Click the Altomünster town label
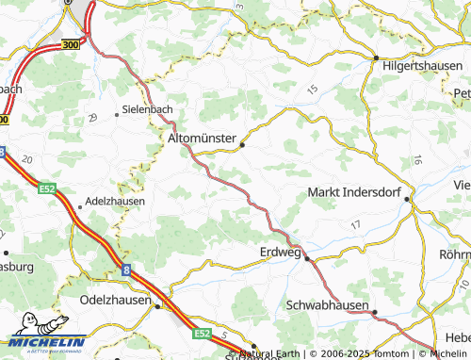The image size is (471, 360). point(202,138)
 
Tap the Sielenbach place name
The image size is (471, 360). point(147,109)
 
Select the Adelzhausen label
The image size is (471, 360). point(114,202)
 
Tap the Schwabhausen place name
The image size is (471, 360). point(328,306)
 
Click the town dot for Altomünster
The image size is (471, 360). point(243,145)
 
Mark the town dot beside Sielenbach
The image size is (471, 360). point(117,114)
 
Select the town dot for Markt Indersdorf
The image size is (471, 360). point(407,199)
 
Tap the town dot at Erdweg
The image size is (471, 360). point(306,257)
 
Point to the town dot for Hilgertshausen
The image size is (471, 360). point(376,58)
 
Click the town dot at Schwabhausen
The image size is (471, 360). point(374,312)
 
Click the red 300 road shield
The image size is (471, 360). point(70,44)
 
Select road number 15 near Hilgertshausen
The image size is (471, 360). point(312,89)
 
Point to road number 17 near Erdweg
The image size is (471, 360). point(354,225)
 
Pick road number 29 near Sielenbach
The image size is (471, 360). point(92,117)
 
